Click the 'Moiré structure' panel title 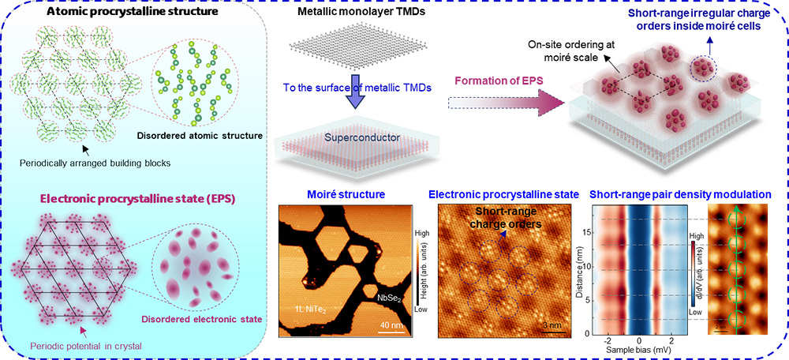[335, 194]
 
